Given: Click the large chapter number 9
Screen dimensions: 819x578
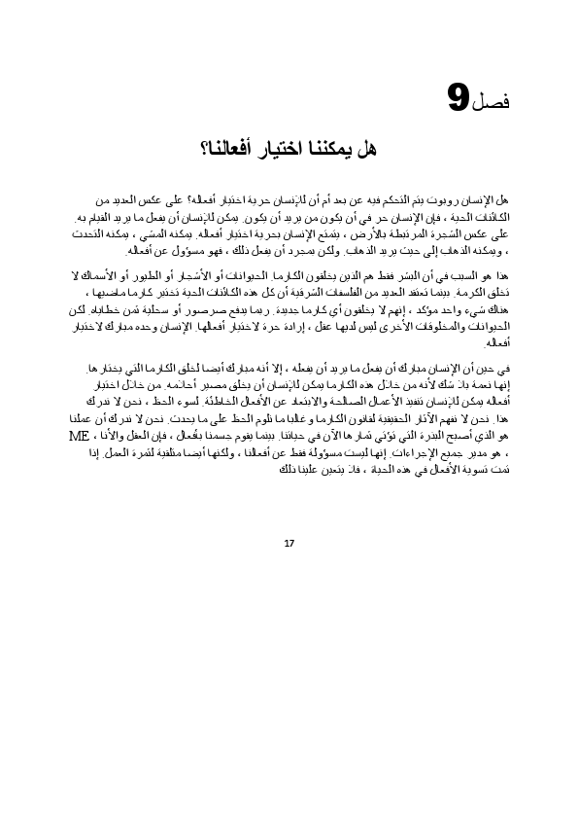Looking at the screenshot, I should click(x=459, y=98).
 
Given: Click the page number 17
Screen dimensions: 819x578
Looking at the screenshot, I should click(x=289, y=542).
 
